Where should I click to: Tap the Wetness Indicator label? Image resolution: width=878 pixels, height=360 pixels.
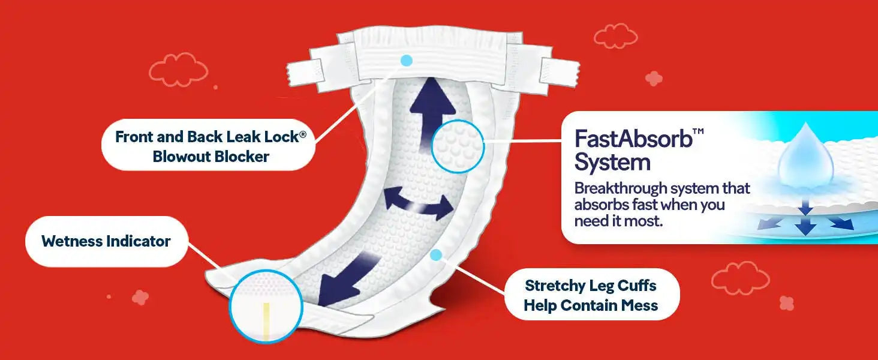point(106,241)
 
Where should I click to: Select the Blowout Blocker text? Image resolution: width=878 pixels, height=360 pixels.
point(211,157)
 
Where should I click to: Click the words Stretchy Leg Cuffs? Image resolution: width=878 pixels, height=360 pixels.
point(590,286)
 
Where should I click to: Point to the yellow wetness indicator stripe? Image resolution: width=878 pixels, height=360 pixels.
point(266,321)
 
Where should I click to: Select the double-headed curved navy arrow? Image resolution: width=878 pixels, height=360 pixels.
point(419,204)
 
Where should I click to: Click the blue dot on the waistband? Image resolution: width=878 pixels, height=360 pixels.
point(407,61)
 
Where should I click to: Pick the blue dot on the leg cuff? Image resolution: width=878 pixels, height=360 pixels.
point(436,255)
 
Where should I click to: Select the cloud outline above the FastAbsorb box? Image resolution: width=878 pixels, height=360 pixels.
point(616,36)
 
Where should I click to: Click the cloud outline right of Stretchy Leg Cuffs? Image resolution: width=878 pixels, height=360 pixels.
point(741,278)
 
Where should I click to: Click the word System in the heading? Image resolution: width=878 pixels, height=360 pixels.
point(612,163)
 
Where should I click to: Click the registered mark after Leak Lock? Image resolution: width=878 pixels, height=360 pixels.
point(303,134)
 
